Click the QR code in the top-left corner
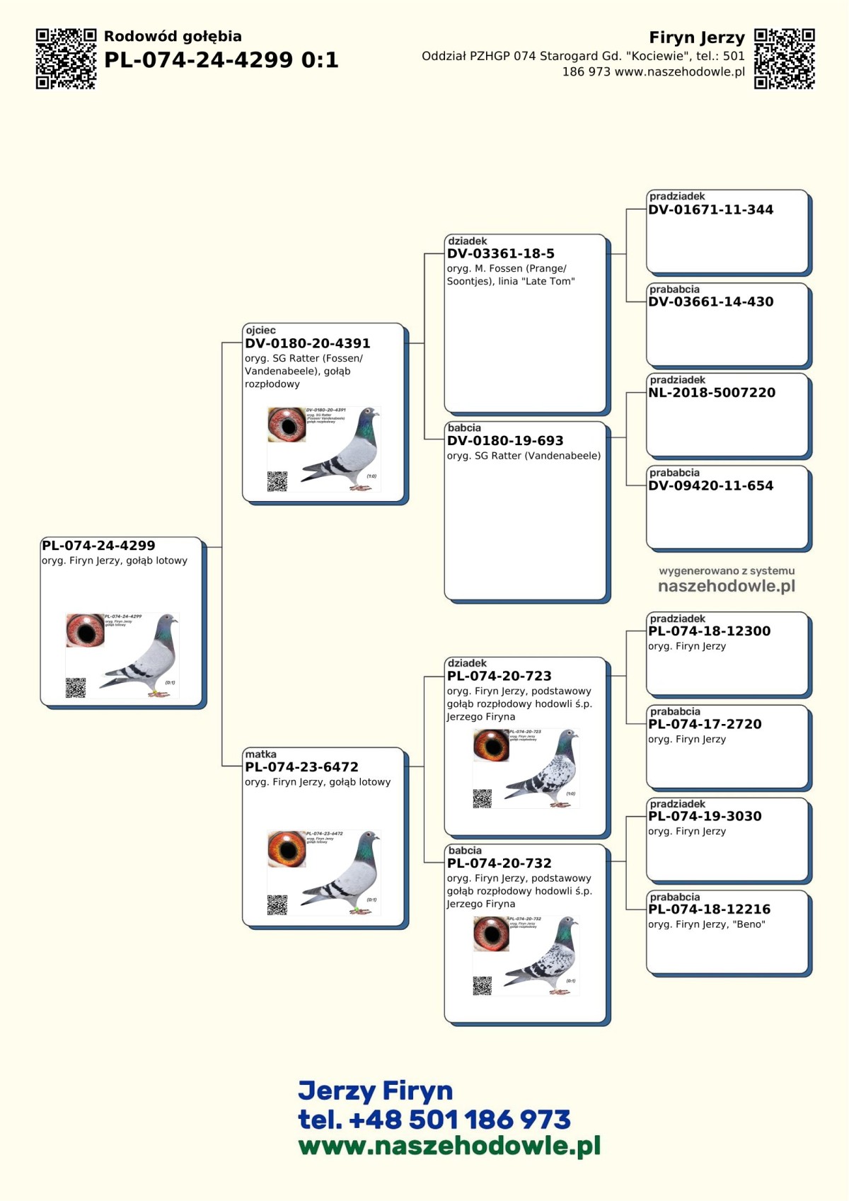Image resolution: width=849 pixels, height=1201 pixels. (x=66, y=59)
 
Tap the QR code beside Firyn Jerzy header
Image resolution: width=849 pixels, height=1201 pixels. (x=785, y=59)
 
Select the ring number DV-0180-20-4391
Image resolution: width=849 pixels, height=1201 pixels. (x=307, y=343)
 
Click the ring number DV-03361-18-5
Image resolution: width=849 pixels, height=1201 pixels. (x=500, y=253)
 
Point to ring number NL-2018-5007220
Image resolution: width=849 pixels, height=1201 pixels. (x=711, y=393)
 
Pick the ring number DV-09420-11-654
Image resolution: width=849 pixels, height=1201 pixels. (x=710, y=485)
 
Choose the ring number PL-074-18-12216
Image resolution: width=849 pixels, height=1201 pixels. (x=709, y=909)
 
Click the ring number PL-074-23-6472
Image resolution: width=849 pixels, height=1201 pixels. (x=301, y=767)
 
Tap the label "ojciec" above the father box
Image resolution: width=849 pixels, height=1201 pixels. (x=260, y=330)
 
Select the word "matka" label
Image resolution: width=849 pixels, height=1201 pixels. (x=260, y=754)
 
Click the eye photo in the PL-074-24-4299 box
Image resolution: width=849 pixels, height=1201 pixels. (x=85, y=630)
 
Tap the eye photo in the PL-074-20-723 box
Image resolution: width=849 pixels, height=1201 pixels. (x=491, y=745)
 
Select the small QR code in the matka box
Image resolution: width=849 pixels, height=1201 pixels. (x=277, y=904)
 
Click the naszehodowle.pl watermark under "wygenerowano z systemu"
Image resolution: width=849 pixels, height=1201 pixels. (x=727, y=586)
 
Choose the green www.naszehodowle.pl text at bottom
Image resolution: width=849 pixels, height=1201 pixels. (x=449, y=1146)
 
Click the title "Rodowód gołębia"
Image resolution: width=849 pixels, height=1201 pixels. (x=173, y=36)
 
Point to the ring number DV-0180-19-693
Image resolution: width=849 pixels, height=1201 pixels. (x=505, y=441)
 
